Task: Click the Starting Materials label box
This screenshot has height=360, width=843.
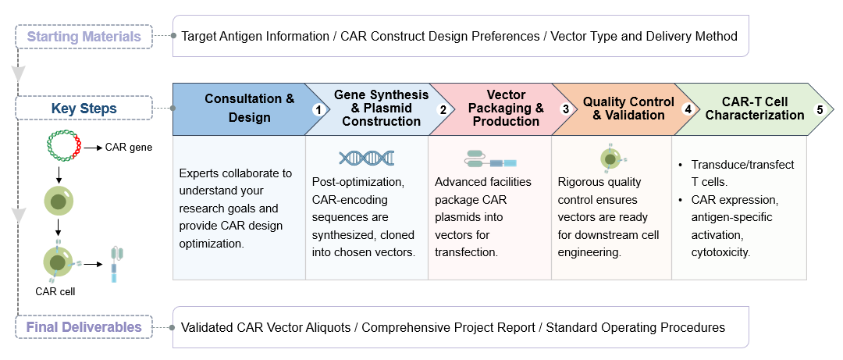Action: click(84, 36)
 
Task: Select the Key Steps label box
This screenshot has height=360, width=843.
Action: click(84, 108)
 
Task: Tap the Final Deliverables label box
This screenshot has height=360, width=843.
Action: click(84, 327)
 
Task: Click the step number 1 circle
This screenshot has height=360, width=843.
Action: click(318, 110)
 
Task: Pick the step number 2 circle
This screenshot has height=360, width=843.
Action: click(443, 110)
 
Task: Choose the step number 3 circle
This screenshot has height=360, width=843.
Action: click(565, 110)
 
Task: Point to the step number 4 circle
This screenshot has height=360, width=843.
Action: click(688, 110)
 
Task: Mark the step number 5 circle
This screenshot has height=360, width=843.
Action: click(820, 110)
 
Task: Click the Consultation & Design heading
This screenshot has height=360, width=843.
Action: click(249, 109)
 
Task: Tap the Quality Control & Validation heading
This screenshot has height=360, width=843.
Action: click(628, 109)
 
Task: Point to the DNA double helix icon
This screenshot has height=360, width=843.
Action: click(366, 158)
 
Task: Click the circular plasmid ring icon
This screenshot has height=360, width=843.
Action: click(65, 147)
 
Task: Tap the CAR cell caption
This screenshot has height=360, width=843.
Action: click(55, 291)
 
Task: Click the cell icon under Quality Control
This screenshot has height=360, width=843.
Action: click(610, 159)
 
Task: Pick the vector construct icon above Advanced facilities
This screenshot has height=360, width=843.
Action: click(490, 159)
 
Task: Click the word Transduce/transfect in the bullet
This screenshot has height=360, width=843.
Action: click(742, 165)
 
